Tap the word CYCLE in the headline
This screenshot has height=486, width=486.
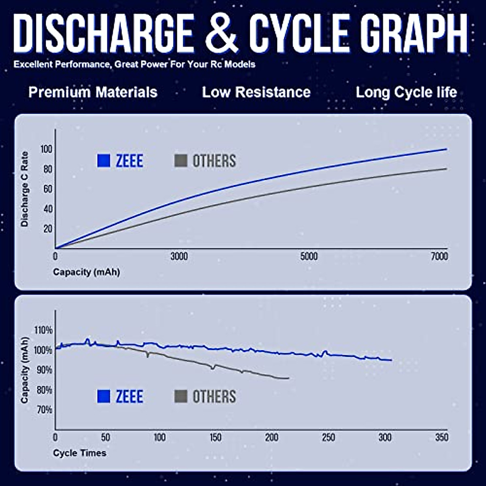[299, 33]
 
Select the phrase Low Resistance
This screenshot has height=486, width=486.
[256, 92]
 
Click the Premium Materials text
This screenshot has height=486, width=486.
[93, 92]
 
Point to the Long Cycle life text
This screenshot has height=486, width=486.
[406, 92]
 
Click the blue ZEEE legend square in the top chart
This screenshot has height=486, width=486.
[104, 161]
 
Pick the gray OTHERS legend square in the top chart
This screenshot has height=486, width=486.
[181, 161]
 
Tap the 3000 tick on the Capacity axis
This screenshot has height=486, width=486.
[179, 256]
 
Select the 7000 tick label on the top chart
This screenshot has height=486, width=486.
[439, 256]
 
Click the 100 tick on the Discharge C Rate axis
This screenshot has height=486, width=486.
[46, 149]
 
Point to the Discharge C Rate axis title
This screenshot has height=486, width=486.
[25, 189]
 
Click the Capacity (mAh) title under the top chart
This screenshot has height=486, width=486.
[86, 272]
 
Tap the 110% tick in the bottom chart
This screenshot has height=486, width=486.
[43, 330]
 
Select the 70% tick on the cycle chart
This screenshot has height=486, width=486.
[45, 410]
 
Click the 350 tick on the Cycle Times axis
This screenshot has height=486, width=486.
[442, 438]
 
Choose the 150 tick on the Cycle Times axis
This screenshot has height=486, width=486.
[215, 438]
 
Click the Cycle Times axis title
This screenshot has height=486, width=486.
[79, 453]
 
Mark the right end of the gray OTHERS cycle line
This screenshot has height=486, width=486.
[289, 378]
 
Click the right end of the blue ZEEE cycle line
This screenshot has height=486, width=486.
[391, 360]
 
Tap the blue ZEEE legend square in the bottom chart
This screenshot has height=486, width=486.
[104, 396]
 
